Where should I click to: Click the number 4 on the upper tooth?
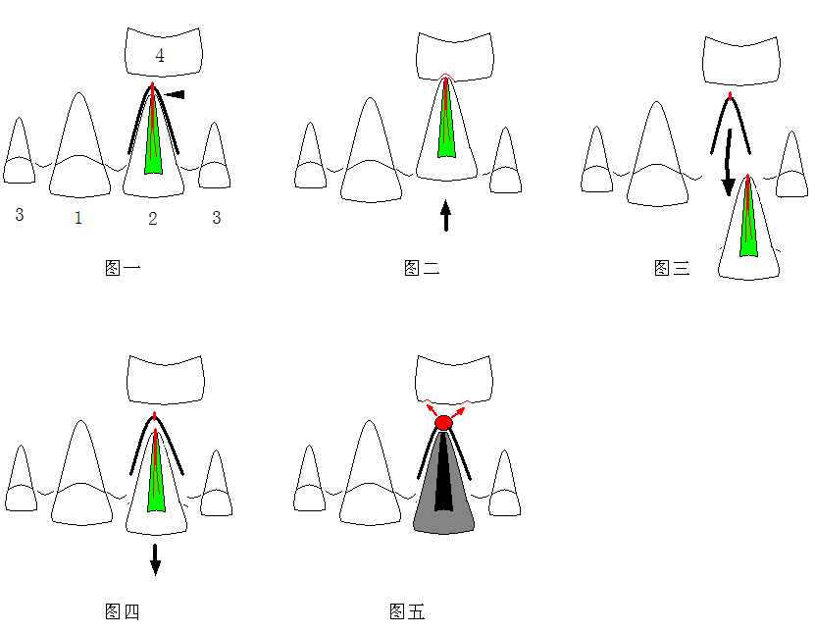click(x=160, y=55)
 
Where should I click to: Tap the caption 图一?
click(x=123, y=268)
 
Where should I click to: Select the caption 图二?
click(x=422, y=268)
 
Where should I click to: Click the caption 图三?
click(x=672, y=268)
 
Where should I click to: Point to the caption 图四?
click(x=123, y=611)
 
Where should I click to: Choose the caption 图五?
click(x=407, y=611)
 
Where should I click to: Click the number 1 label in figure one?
click(x=78, y=218)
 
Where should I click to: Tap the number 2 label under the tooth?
click(x=152, y=219)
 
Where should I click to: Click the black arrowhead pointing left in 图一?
click(x=175, y=94)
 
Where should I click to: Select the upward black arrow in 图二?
click(x=446, y=215)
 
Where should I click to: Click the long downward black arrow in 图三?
click(x=729, y=162)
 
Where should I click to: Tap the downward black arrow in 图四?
click(x=155, y=559)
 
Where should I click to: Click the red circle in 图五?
click(x=443, y=422)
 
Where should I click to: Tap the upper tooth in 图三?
click(x=741, y=60)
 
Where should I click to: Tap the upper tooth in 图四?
click(x=166, y=380)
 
